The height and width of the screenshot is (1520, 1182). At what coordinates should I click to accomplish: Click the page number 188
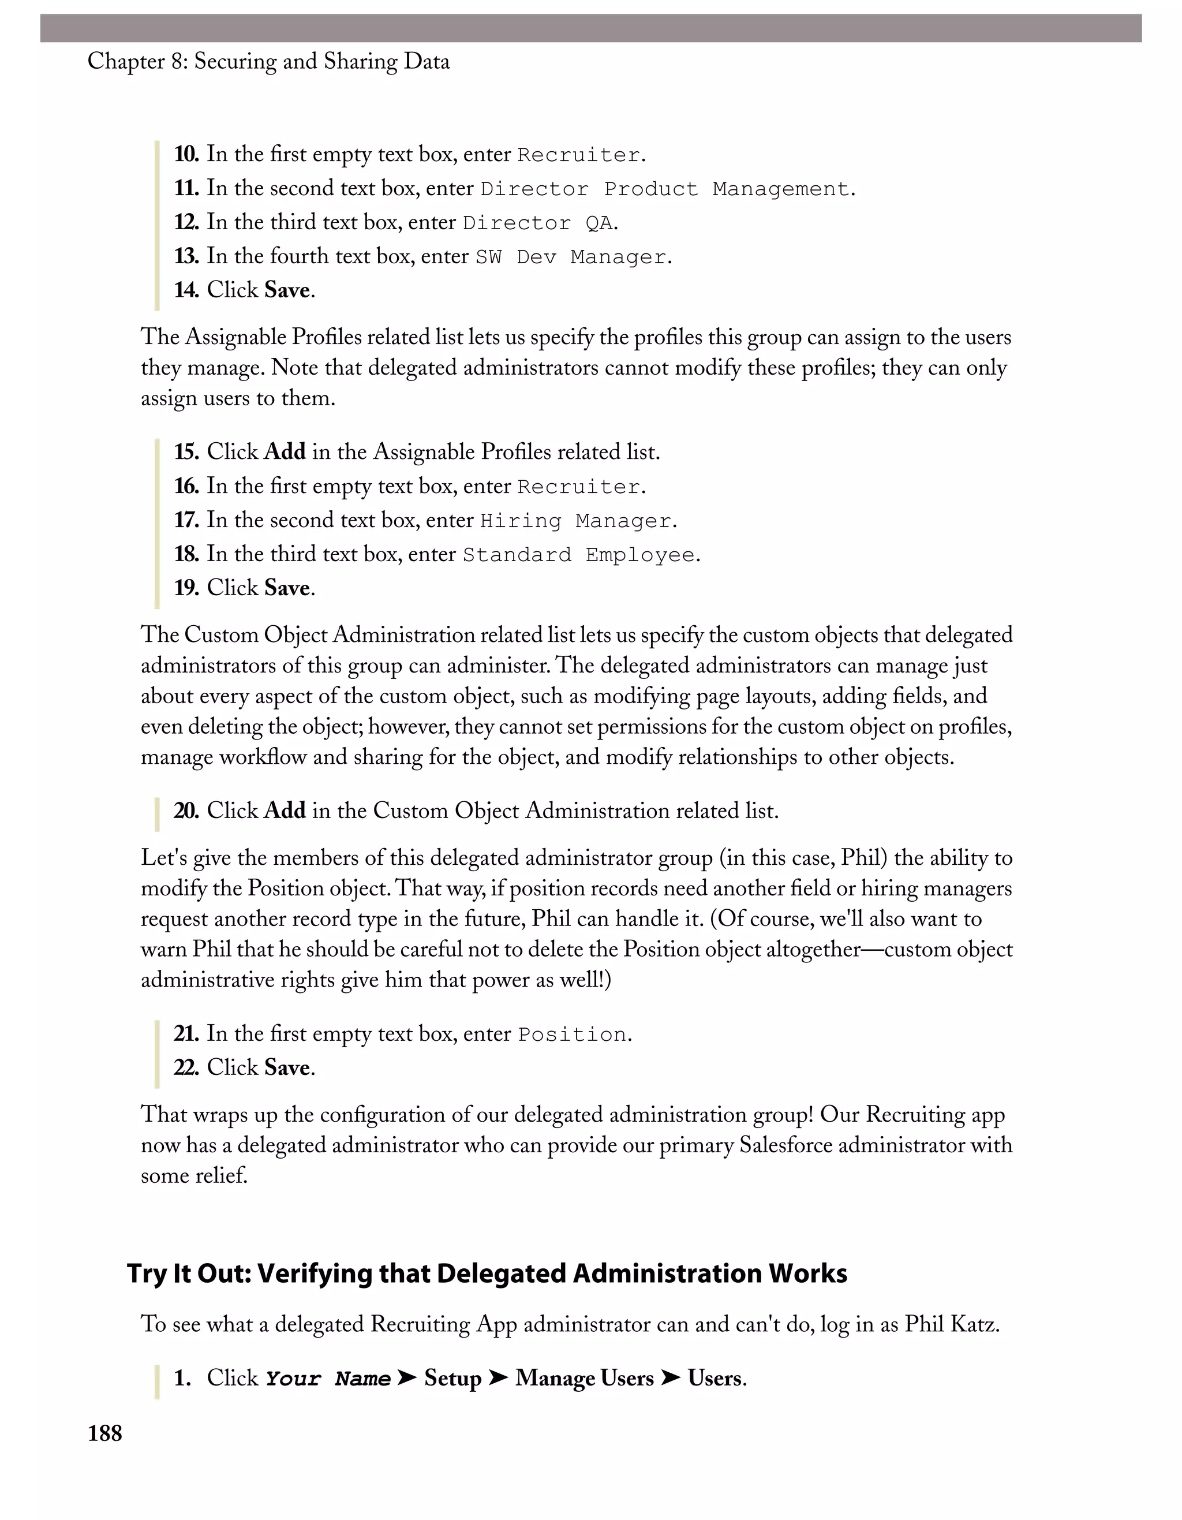[x=104, y=1434]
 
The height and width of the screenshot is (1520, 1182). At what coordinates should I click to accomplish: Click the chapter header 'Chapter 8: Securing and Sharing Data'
[x=268, y=61]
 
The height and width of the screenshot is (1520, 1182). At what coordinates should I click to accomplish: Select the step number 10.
[x=186, y=154]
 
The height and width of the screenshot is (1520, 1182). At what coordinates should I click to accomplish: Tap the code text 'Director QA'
[x=538, y=223]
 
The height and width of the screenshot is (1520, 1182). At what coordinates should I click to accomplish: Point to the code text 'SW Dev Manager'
[x=570, y=257]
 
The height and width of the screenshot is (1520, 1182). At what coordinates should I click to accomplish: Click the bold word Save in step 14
[x=287, y=290]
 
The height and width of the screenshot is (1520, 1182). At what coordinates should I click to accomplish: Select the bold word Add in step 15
[x=285, y=451]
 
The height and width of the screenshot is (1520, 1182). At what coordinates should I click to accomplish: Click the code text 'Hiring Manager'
[x=575, y=521]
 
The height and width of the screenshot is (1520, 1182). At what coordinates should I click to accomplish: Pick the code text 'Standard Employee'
[x=579, y=555]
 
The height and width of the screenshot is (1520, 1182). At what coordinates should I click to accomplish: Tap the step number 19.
[x=186, y=588]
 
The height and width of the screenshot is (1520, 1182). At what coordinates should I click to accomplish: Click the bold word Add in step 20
[x=285, y=811]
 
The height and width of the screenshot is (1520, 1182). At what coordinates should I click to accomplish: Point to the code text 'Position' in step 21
[x=572, y=1035]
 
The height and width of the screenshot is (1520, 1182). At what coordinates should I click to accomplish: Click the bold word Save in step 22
[x=287, y=1067]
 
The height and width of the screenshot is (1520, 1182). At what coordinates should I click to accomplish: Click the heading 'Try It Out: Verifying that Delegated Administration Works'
[x=487, y=1273]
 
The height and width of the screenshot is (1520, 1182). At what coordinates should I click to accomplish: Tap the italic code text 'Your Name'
[x=328, y=1379]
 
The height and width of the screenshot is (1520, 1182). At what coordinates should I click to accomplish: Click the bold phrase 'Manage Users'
[x=585, y=1379]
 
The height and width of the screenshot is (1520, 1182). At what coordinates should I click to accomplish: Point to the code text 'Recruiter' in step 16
[x=579, y=487]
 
